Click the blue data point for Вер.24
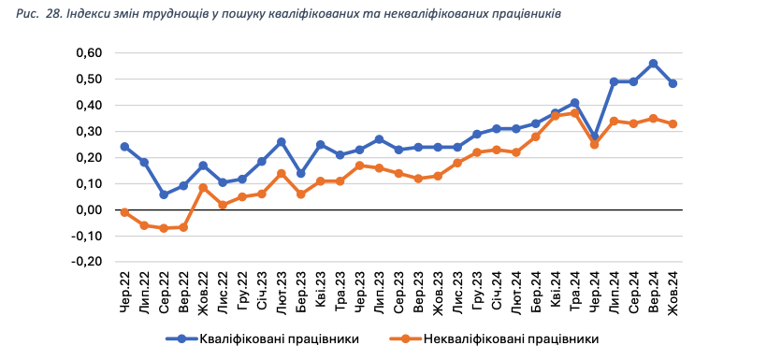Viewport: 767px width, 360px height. (x=653, y=64)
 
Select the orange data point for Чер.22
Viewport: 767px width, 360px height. (x=124, y=212)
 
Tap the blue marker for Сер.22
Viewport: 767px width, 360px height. (x=164, y=194)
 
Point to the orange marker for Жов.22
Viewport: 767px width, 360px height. (x=203, y=188)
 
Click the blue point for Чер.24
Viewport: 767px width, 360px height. (x=594, y=137)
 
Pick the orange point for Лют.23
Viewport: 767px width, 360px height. (x=281, y=173)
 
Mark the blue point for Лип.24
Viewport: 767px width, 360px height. (x=614, y=81)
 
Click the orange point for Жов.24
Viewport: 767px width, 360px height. (x=673, y=123)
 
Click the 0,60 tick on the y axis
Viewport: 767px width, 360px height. (x=87, y=53)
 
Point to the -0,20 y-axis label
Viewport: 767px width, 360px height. (x=85, y=262)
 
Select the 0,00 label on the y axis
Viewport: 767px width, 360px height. (x=87, y=210)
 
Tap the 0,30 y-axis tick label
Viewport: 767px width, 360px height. (x=87, y=132)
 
